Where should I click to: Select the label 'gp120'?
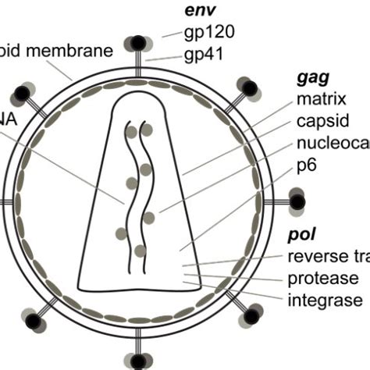coord(209,32)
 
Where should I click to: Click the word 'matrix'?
coord(321,99)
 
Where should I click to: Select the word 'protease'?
coord(322,279)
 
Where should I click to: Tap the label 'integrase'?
coord(324,300)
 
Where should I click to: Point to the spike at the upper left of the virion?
coord(24,92)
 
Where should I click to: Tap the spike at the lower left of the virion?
coord(32,319)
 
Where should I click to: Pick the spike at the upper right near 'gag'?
coord(250,88)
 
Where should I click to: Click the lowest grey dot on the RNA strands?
coord(140,251)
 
